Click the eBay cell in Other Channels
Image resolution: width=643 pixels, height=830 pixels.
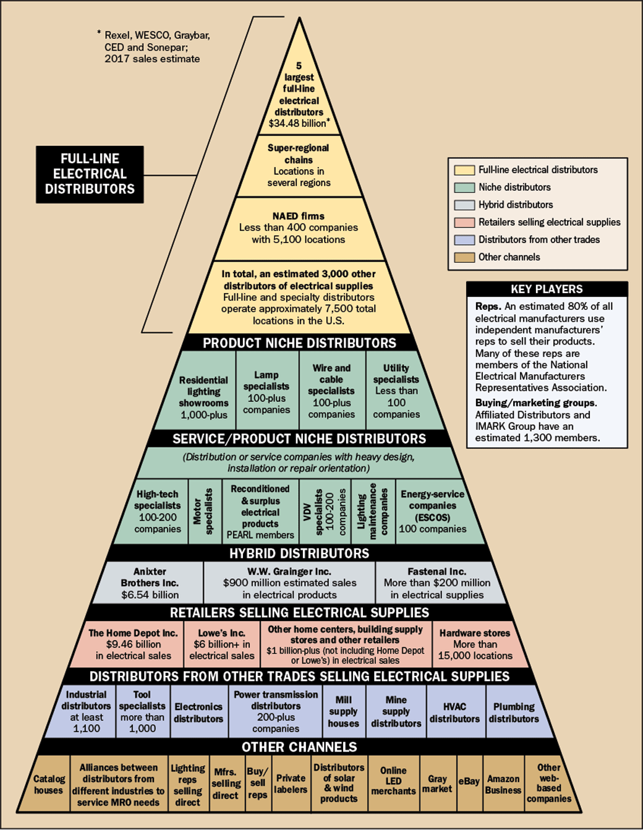click(x=469, y=782)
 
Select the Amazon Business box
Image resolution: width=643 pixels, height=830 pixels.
click(x=503, y=784)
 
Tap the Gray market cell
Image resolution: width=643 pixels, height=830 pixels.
click(x=437, y=784)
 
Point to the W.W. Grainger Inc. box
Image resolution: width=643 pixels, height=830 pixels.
click(x=289, y=583)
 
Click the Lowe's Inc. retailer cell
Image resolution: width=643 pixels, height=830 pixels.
click(x=222, y=644)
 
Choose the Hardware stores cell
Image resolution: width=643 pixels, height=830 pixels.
click(x=475, y=644)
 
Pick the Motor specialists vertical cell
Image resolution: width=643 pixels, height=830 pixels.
click(x=204, y=511)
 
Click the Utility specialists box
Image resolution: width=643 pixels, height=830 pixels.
click(x=396, y=391)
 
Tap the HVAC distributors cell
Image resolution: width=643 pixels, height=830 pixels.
click(x=454, y=712)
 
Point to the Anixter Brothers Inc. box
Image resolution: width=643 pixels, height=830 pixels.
click(x=150, y=583)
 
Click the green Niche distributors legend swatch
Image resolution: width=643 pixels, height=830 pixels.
click(x=464, y=187)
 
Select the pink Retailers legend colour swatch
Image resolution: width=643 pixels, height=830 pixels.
click(x=464, y=223)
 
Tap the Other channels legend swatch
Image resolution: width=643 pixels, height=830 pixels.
click(x=464, y=257)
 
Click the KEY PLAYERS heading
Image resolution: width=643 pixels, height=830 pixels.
click(x=547, y=289)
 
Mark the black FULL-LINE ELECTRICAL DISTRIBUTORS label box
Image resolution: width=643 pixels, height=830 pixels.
click(x=90, y=174)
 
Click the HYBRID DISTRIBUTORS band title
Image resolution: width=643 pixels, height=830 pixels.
click(x=299, y=553)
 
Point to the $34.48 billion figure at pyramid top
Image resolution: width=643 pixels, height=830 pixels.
click(x=297, y=123)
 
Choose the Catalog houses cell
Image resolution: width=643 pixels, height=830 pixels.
click(x=49, y=784)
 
